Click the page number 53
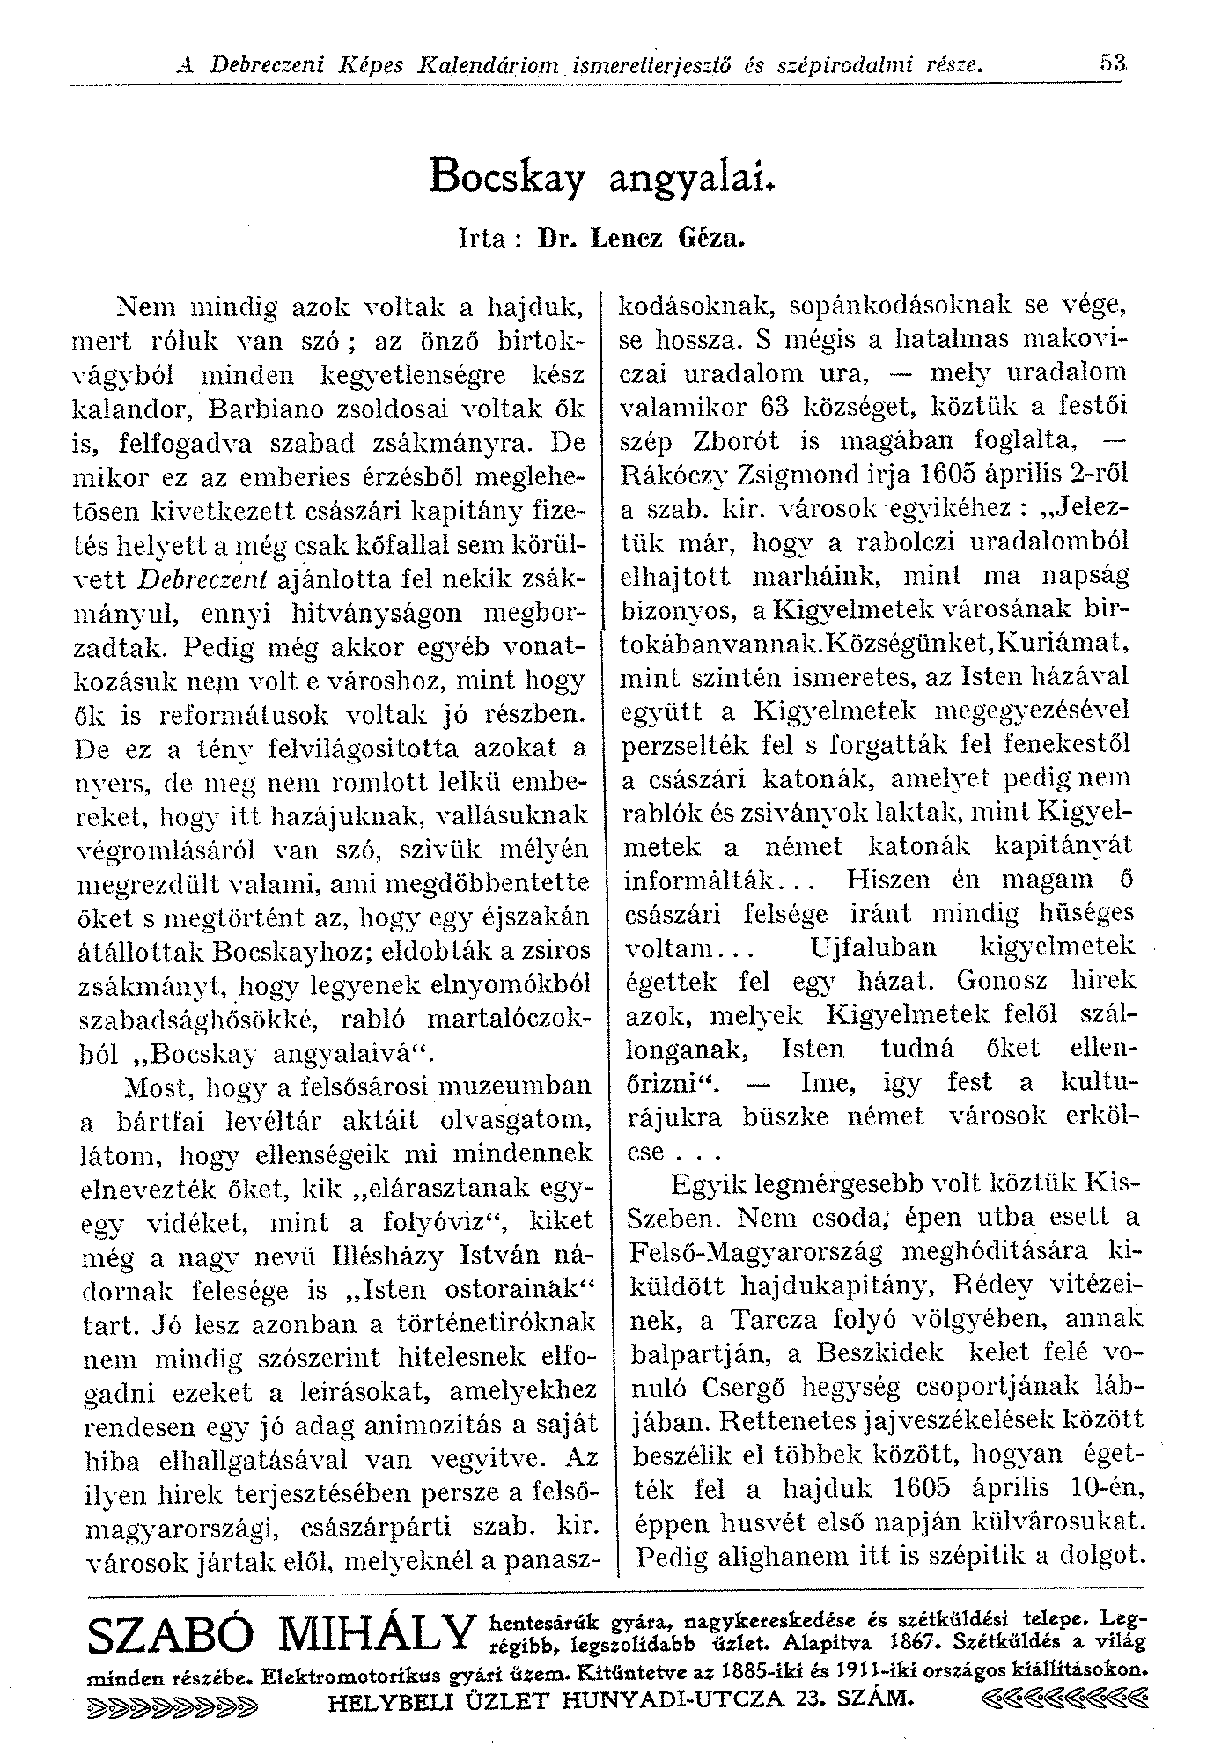pyautogui.click(x=1112, y=63)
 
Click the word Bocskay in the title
pyautogui.click(x=507, y=176)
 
